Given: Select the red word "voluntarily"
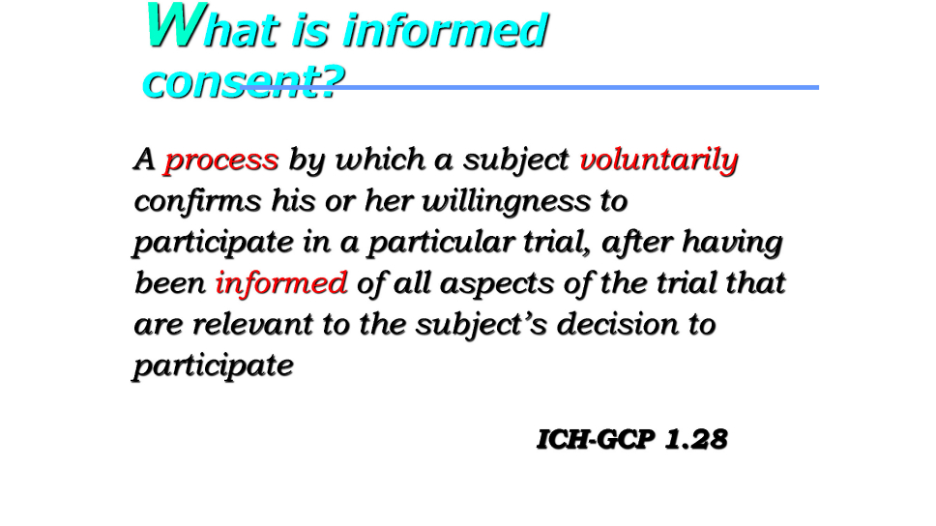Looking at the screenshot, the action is [x=659, y=160].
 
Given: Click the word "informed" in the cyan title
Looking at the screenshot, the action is [x=446, y=30].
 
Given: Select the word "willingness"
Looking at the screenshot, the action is [x=507, y=201].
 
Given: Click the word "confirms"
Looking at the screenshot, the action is [x=197, y=200].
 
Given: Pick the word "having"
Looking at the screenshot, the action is [x=732, y=243].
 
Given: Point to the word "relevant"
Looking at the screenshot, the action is [x=252, y=324].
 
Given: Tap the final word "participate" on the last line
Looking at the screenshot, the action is [x=213, y=365].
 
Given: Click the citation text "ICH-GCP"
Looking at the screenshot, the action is [x=596, y=440].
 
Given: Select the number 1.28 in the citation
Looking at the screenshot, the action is [x=696, y=440].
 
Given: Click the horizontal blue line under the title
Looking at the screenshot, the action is [x=530, y=88].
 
